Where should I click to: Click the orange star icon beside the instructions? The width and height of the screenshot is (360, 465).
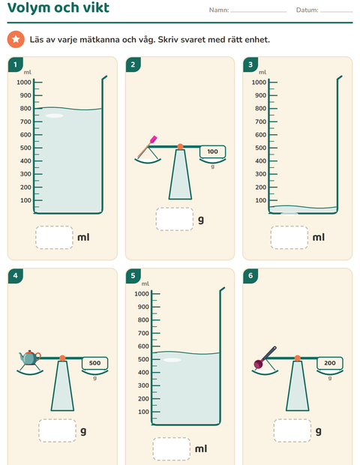click(16, 39)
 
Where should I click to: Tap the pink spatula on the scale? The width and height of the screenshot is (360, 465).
click(147, 147)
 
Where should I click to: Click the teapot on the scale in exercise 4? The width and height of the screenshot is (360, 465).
click(30, 357)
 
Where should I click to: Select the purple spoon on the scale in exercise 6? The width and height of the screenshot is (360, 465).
click(265, 357)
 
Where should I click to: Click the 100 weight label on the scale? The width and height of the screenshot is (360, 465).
click(212, 151)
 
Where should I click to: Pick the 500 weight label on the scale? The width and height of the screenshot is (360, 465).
click(95, 363)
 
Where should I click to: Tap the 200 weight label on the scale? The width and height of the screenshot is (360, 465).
click(330, 363)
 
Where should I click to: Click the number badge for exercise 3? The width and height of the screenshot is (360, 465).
click(250, 64)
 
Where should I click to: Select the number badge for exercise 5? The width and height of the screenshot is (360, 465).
click(133, 276)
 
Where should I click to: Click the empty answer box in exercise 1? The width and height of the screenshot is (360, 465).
click(54, 238)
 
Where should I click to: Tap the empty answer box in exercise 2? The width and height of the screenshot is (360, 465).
click(175, 220)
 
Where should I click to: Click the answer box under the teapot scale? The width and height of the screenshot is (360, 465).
click(57, 430)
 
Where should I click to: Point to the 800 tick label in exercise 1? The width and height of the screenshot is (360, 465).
click(25, 109)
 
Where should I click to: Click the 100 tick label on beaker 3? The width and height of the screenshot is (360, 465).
click(261, 200)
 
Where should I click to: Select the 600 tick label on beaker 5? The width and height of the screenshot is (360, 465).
click(143, 346)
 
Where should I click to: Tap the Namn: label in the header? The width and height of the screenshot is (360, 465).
click(219, 10)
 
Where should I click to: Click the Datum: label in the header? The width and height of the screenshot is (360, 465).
click(307, 10)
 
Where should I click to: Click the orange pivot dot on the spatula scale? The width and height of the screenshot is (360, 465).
click(180, 146)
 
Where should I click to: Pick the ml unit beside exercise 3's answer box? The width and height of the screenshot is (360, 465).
click(319, 237)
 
